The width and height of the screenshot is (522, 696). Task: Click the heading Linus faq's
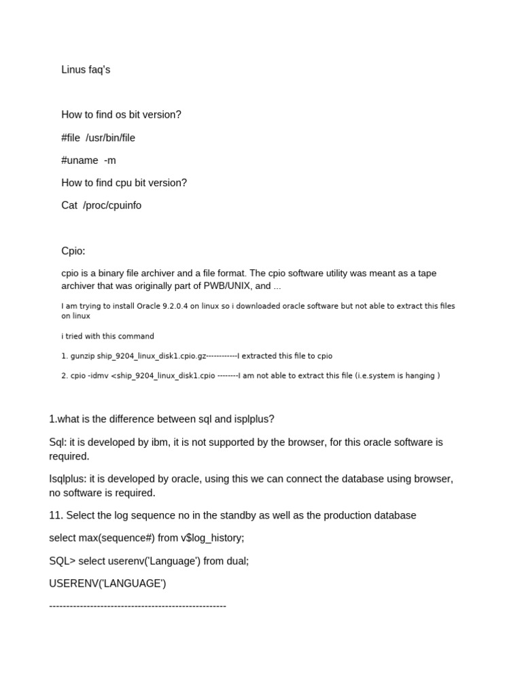(86, 69)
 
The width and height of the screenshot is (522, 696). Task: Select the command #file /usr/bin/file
(98, 137)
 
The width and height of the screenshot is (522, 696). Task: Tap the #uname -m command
(88, 160)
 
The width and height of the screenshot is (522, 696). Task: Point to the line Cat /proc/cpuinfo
(101, 205)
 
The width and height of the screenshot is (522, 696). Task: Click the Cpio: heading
(73, 251)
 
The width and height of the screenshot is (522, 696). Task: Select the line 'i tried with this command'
(107, 336)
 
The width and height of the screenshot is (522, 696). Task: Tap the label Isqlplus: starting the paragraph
(69, 478)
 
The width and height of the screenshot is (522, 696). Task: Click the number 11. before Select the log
(56, 515)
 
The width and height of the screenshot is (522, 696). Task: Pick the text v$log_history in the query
(211, 538)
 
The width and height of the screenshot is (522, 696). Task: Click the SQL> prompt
(63, 561)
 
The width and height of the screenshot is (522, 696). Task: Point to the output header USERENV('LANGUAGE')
(107, 583)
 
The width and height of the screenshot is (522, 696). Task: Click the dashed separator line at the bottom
(137, 605)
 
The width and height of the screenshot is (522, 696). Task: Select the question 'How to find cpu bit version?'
(124, 183)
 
